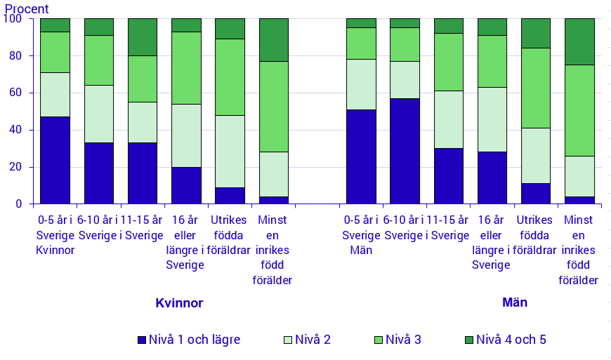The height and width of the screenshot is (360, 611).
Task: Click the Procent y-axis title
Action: point(27,9)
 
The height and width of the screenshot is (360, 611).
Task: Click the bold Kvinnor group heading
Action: point(179,303)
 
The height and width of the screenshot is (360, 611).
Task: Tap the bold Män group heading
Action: point(515,302)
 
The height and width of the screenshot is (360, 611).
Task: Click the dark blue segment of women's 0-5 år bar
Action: point(55,160)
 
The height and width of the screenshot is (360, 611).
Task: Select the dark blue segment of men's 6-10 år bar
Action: point(405,151)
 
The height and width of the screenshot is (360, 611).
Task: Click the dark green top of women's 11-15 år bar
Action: point(143,37)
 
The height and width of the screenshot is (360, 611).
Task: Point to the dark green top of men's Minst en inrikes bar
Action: point(579,41)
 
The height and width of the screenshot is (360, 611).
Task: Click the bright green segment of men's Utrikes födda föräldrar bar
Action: point(536,88)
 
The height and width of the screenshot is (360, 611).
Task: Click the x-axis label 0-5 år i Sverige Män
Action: point(361,234)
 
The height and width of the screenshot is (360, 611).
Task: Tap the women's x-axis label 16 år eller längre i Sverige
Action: point(185,242)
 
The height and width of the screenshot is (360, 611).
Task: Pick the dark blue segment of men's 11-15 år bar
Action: point(448,175)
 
